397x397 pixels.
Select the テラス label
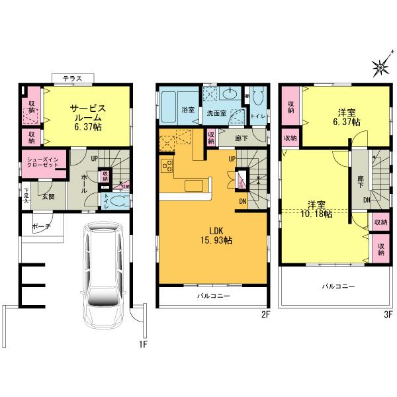coord(73,79)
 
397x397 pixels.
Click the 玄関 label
coord(48,196)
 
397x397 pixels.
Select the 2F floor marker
coord(265,314)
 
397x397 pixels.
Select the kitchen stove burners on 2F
coord(167,165)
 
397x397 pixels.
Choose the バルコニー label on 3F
coord(338,287)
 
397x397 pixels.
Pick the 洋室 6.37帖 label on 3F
coord(346,117)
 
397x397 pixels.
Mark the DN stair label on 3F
coord(366,200)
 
